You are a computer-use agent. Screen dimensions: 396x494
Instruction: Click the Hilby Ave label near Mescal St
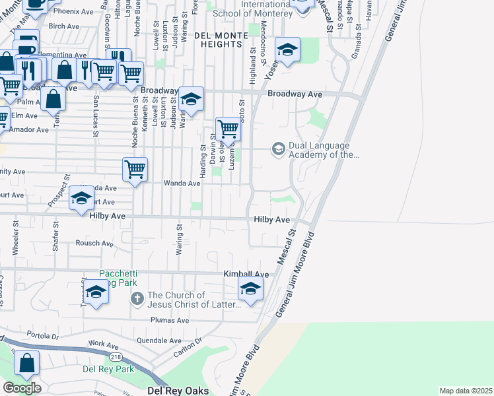[x=272, y=219]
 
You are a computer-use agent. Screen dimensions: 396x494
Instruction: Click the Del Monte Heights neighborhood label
[x=217, y=38]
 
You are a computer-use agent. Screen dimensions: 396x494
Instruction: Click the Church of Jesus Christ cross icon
[x=137, y=299]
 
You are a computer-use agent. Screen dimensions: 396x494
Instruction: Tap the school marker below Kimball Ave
[x=250, y=289]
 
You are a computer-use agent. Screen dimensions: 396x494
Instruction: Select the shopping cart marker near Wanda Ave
[x=135, y=169]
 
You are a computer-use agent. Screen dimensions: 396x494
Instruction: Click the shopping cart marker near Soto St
[x=228, y=129]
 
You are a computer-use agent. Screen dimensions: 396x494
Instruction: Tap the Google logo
[x=21, y=387]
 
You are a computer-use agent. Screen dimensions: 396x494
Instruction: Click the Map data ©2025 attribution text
[x=466, y=391]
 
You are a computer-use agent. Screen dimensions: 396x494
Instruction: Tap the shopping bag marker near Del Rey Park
[x=26, y=363]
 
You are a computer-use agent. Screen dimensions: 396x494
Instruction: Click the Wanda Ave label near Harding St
[x=182, y=183]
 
